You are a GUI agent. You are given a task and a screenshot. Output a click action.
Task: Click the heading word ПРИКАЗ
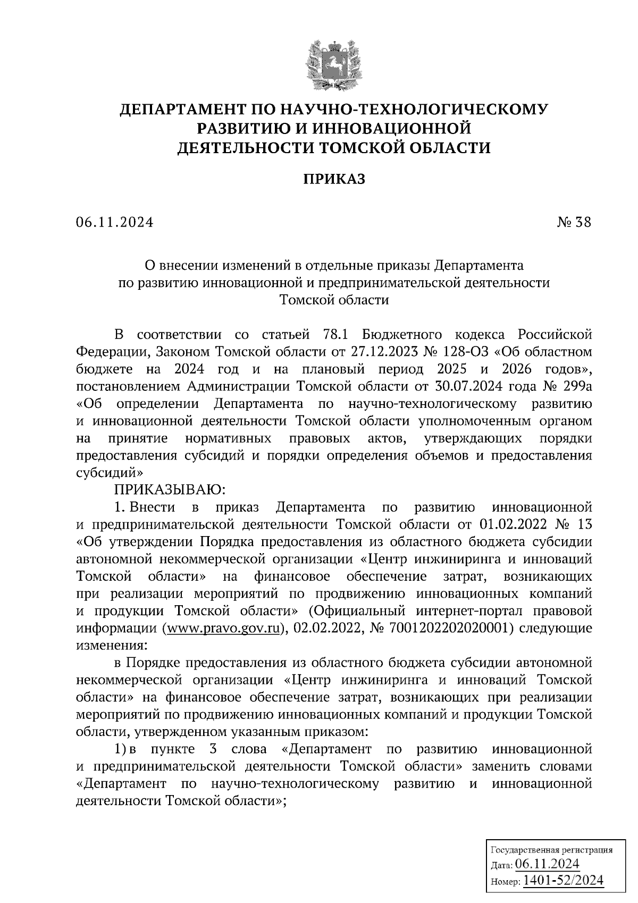334,179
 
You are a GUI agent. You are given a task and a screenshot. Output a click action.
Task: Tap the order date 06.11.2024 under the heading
114,222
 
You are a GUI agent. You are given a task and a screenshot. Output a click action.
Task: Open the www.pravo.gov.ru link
222,628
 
